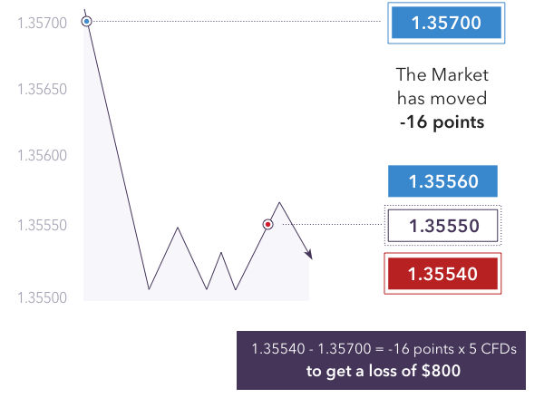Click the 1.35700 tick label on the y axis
[x=42, y=24]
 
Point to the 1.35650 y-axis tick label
[x=42, y=90]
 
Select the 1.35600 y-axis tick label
[x=42, y=155]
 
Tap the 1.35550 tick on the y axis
[x=42, y=226]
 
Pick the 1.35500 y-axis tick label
[x=42, y=298]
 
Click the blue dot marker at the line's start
[x=87, y=22]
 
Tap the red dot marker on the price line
[x=267, y=225]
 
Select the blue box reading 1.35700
[x=446, y=23]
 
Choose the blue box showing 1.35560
[x=442, y=181]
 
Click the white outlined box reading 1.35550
[x=442, y=226]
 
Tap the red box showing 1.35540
[x=442, y=274]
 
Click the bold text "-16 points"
[x=442, y=122]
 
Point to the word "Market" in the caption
[x=461, y=74]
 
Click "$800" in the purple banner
[x=441, y=371]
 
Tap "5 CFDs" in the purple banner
[x=492, y=349]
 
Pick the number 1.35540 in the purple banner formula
[x=278, y=349]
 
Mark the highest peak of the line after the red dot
[x=279, y=202]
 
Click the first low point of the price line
[x=150, y=289]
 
